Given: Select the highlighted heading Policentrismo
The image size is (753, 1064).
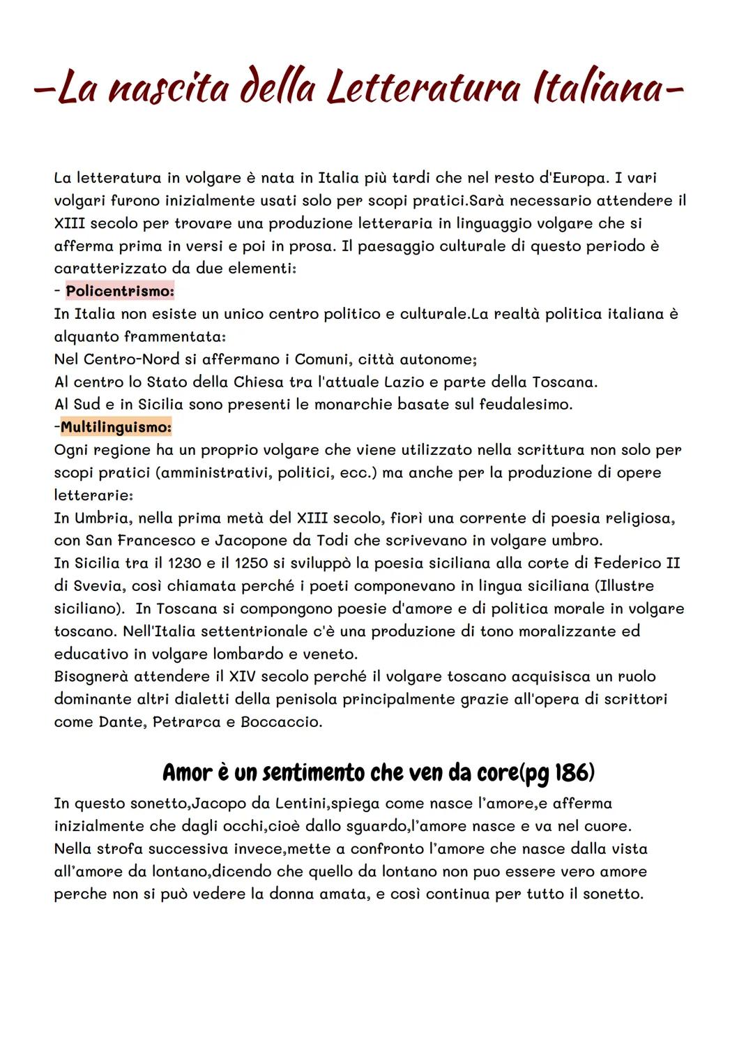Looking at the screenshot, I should (x=119, y=291).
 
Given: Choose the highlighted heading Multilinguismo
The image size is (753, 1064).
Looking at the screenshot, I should (x=116, y=426).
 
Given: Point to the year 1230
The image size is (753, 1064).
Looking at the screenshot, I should (x=179, y=563).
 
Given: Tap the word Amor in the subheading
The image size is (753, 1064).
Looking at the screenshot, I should (x=185, y=773).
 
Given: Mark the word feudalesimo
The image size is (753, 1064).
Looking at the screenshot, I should (x=525, y=405).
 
